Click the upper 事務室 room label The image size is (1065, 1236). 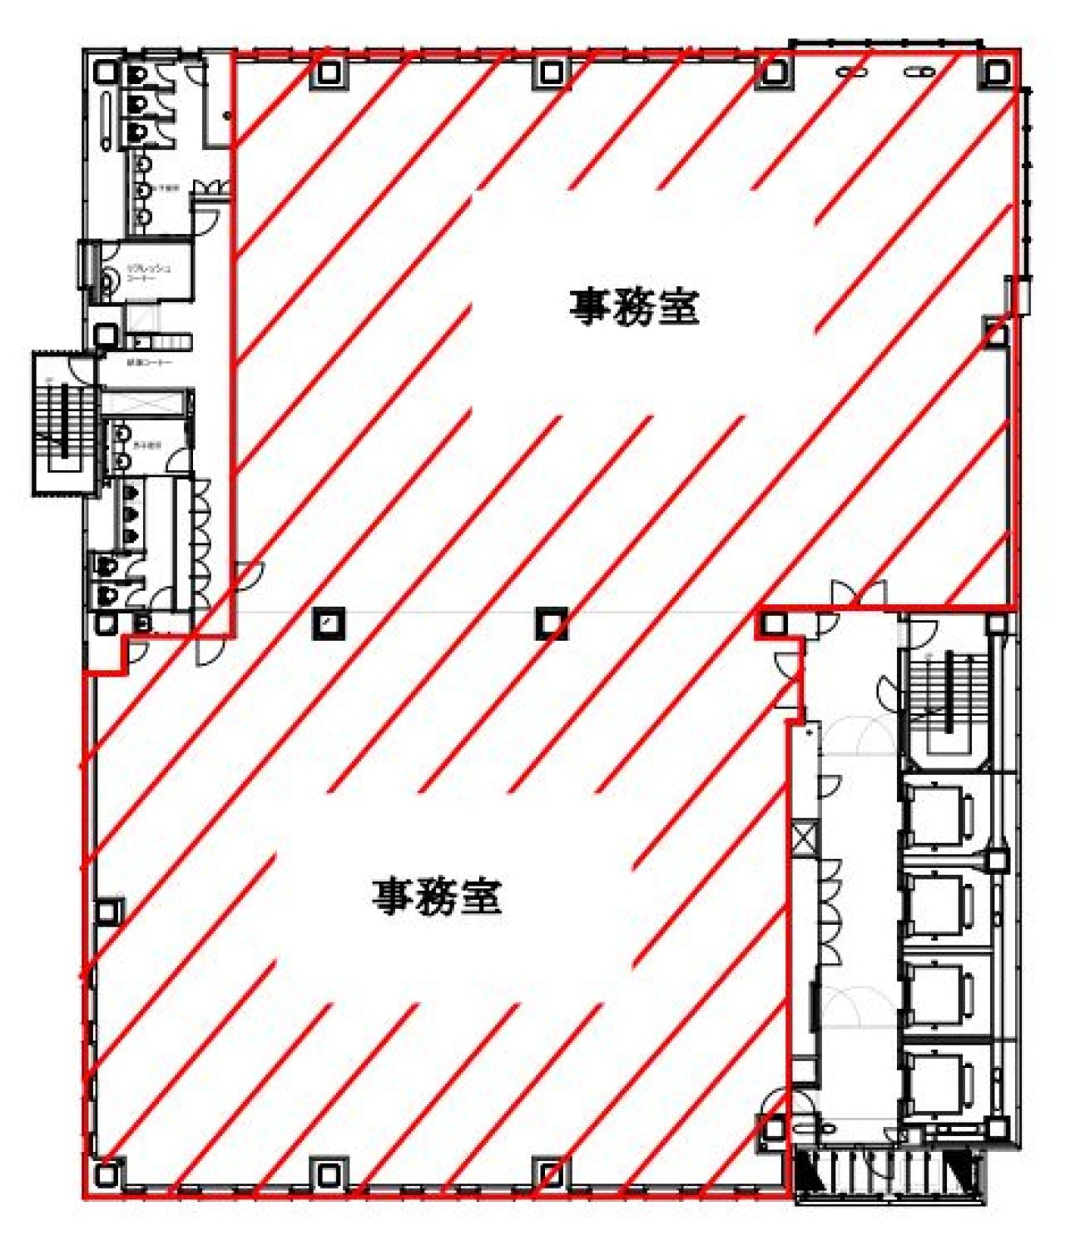click(x=634, y=307)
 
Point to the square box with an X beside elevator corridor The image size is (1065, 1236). click(x=805, y=838)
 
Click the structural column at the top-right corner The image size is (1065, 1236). click(x=995, y=72)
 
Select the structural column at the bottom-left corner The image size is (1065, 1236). click(x=106, y=1174)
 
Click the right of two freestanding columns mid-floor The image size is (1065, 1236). click(x=550, y=622)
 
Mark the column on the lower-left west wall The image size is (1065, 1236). click(x=106, y=912)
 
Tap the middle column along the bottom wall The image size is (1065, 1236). click(x=550, y=1173)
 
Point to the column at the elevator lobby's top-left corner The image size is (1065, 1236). click(x=774, y=623)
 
